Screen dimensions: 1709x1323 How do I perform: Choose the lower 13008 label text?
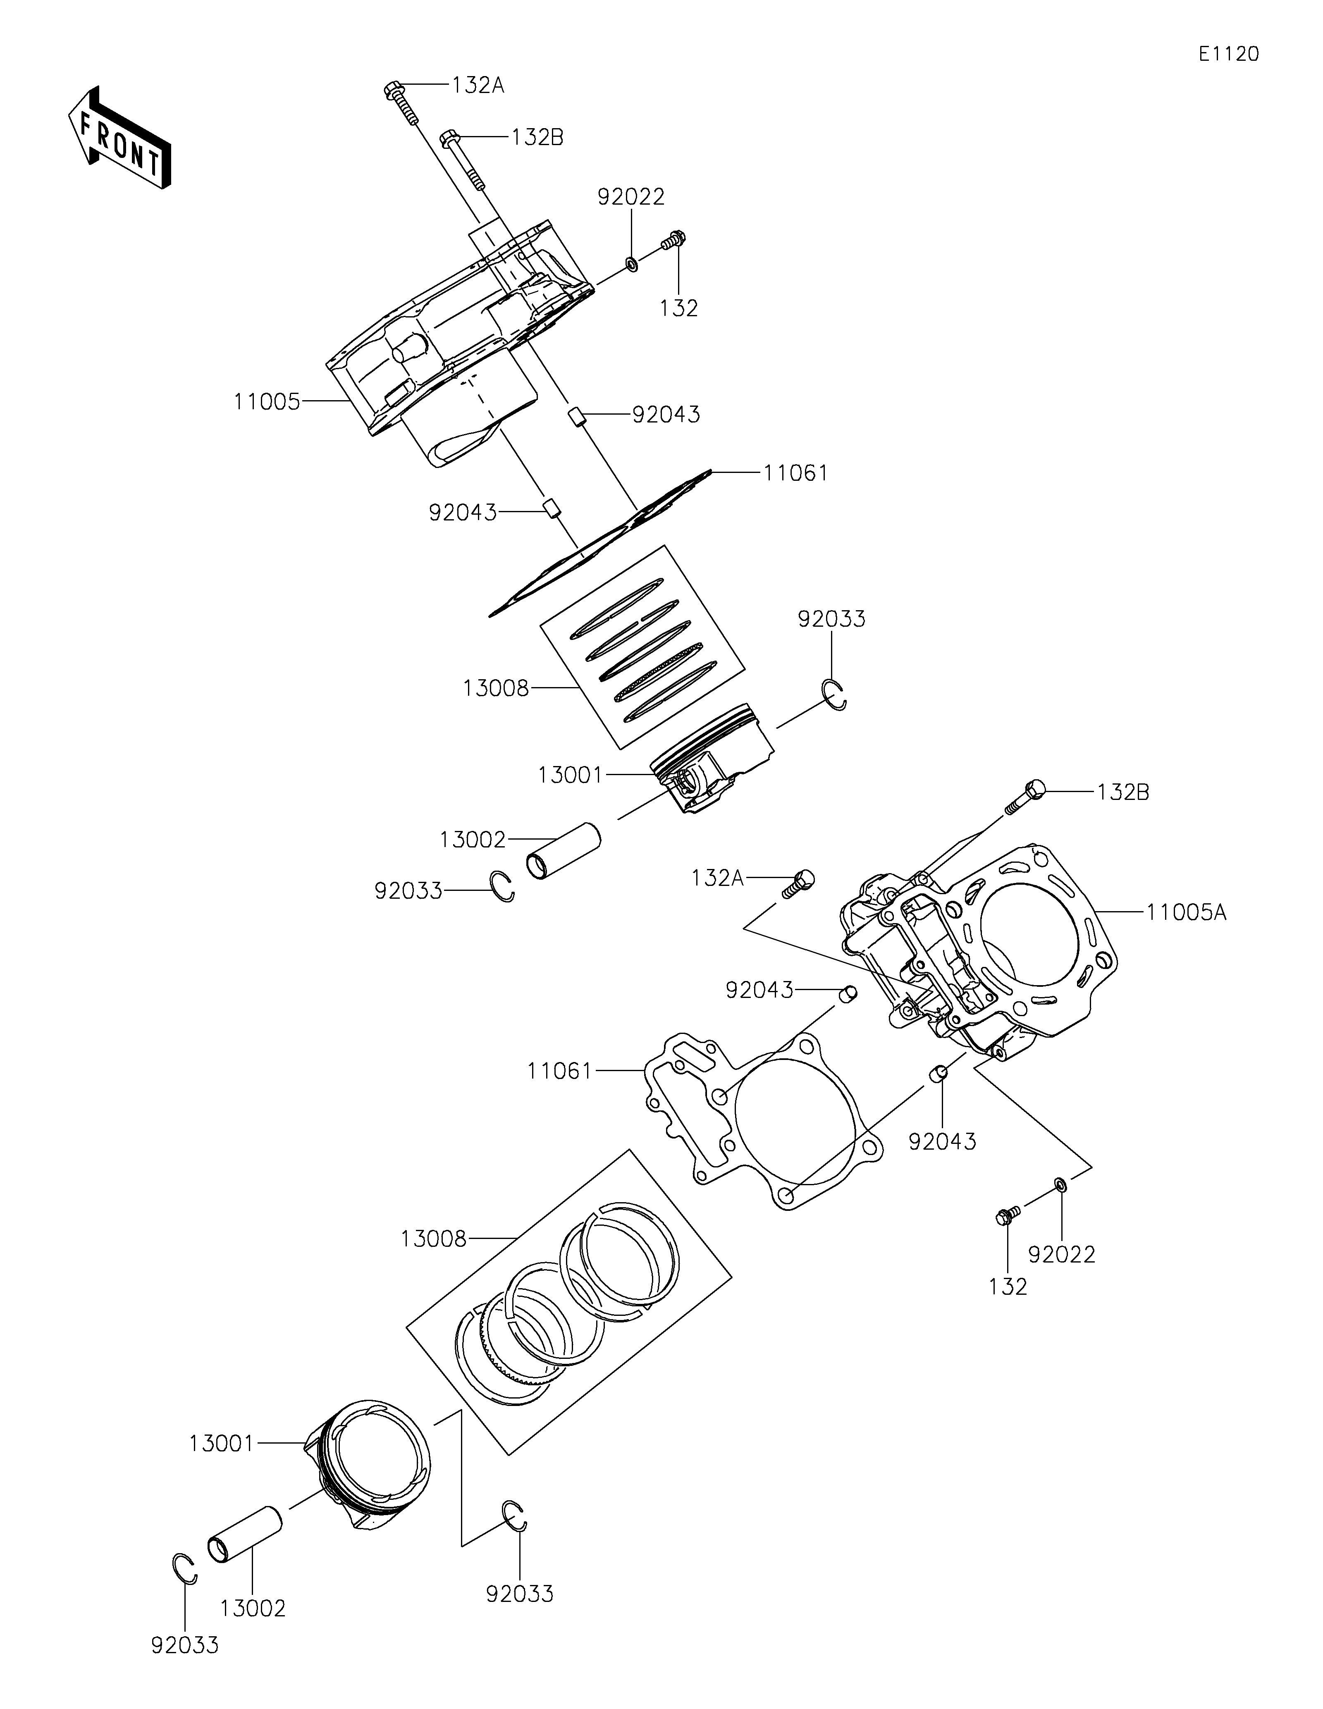(x=433, y=1239)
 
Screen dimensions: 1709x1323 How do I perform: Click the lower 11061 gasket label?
(x=559, y=1070)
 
